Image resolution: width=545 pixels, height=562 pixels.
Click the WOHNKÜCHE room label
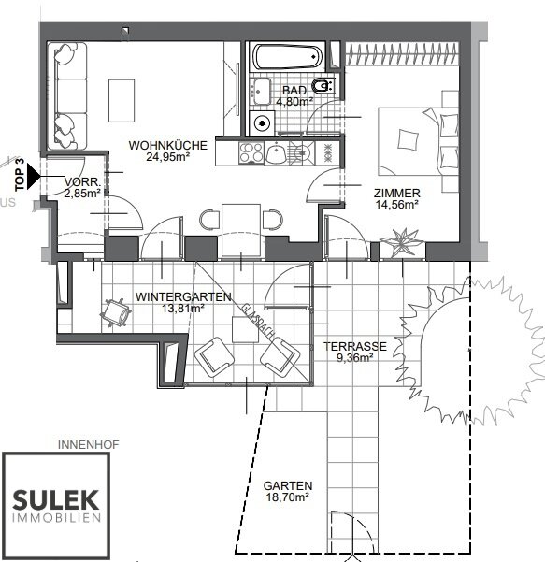click(167, 151)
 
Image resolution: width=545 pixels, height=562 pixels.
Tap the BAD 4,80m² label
click(294, 96)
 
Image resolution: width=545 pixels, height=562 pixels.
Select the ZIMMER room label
click(397, 198)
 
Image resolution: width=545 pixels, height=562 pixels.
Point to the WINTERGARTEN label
click(183, 302)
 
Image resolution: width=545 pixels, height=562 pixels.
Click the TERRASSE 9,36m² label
click(355, 352)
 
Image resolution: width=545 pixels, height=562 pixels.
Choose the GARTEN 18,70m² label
click(288, 491)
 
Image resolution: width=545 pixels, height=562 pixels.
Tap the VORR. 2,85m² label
click(83, 187)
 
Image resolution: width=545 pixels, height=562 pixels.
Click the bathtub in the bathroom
click(287, 56)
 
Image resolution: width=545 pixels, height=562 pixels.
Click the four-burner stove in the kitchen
click(251, 152)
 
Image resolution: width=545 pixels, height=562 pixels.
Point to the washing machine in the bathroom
click(262, 122)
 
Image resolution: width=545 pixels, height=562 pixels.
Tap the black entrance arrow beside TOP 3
click(34, 176)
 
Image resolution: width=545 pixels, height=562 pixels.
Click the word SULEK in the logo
click(56, 499)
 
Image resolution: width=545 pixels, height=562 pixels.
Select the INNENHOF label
click(88, 445)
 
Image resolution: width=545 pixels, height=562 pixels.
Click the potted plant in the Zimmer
click(402, 242)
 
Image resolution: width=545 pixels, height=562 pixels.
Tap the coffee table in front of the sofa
click(122, 101)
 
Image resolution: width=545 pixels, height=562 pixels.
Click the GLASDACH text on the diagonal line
click(258, 322)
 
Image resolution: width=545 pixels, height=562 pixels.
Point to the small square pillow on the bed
click(408, 139)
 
